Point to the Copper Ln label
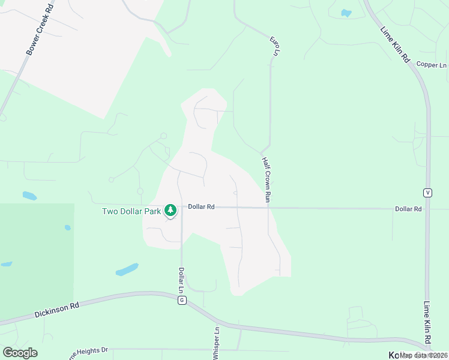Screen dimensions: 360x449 pyautogui.click(x=432, y=65)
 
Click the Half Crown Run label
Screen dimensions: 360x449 pyautogui.click(x=267, y=179)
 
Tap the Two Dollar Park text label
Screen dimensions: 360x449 pyautogui.click(x=131, y=211)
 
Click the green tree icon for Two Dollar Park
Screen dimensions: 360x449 pyautogui.click(x=171, y=210)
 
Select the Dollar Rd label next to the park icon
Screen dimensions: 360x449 pyautogui.click(x=201, y=207)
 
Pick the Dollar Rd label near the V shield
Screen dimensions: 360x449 pyautogui.click(x=408, y=209)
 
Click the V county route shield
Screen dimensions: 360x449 pyautogui.click(x=427, y=193)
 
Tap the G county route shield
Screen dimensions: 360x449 pyautogui.click(x=181, y=300)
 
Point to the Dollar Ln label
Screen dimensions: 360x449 pyautogui.click(x=181, y=281)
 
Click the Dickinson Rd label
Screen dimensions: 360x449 pyautogui.click(x=57, y=310)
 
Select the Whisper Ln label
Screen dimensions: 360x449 pyautogui.click(x=217, y=343)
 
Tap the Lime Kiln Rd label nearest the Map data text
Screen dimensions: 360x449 pyautogui.click(x=427, y=324)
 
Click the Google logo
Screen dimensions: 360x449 pyautogui.click(x=20, y=353)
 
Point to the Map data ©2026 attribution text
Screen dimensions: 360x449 pyautogui.click(x=423, y=355)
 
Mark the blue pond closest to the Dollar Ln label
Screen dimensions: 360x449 pyautogui.click(x=127, y=269)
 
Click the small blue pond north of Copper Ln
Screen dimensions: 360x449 pyautogui.click(x=346, y=13)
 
